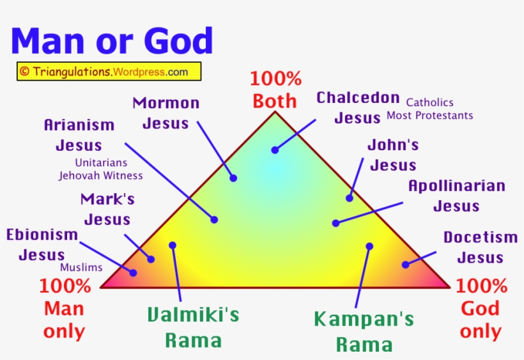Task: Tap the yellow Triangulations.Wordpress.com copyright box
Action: coord(109,72)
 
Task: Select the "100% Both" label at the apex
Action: coord(275,90)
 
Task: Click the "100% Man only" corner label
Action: coord(64,309)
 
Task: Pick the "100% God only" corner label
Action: coord(481,309)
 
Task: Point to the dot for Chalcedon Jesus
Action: coord(275,150)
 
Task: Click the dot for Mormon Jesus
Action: coord(233,178)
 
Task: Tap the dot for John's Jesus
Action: coord(350,198)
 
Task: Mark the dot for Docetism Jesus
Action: coord(405,263)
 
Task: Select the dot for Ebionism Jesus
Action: coord(134,272)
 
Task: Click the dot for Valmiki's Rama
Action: coord(173,245)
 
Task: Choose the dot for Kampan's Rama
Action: coord(369,246)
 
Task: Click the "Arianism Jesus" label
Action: coord(79,135)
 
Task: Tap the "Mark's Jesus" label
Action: coord(107,209)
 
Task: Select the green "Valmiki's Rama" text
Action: coord(193,327)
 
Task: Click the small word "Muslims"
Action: coord(81,268)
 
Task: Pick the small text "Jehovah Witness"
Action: coord(101,175)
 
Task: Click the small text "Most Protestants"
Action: coord(429,116)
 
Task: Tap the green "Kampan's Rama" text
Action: coord(364,331)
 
